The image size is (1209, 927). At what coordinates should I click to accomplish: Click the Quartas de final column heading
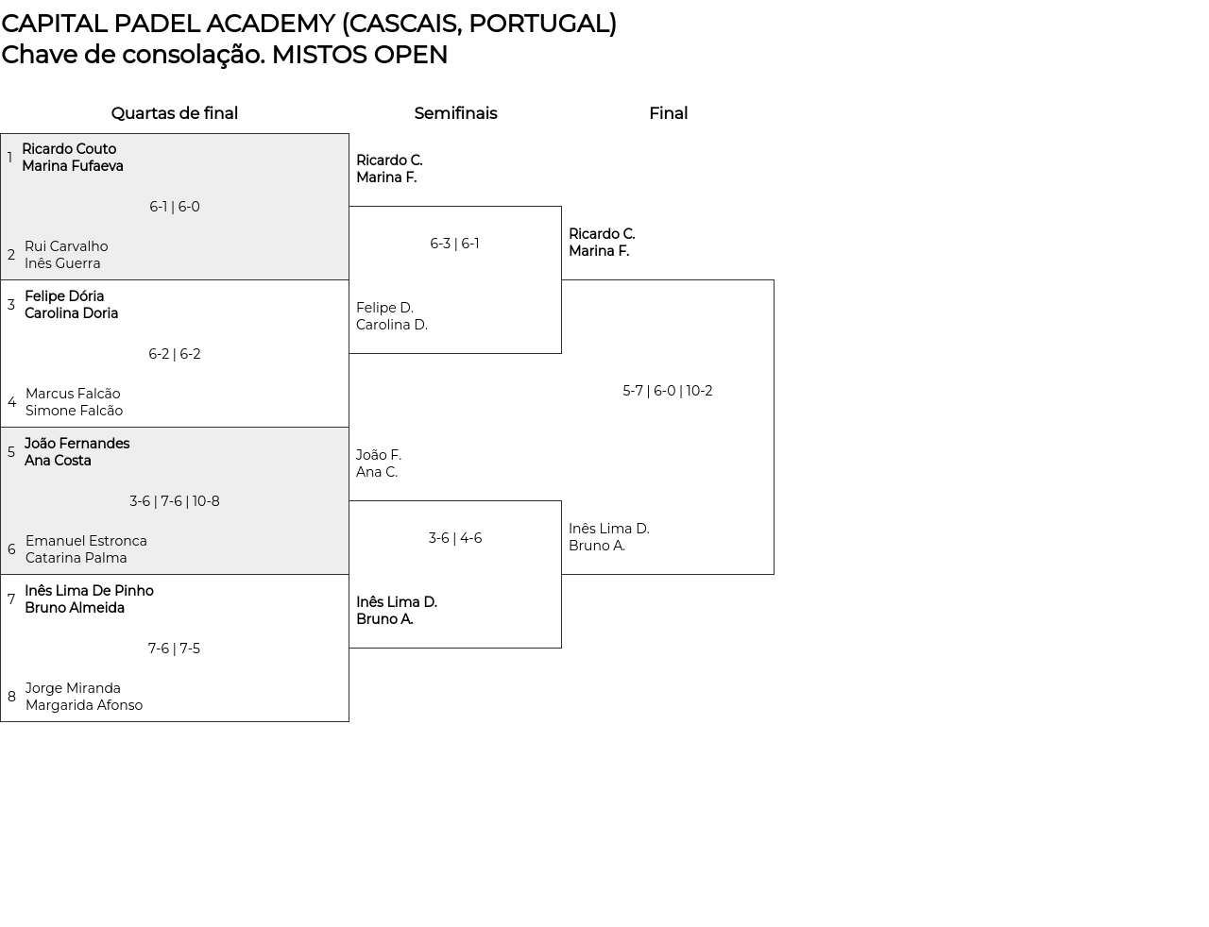point(174,113)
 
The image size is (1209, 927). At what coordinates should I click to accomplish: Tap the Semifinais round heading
point(455,113)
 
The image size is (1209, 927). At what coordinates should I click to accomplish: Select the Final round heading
point(668,113)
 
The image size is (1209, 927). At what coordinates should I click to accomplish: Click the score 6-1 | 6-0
point(174,207)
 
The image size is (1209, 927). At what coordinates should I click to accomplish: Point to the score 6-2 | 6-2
point(174,354)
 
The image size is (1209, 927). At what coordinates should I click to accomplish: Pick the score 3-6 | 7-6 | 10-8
point(174,501)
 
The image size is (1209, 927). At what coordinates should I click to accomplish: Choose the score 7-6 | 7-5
point(174,649)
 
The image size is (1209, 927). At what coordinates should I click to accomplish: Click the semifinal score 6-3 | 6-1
point(454,244)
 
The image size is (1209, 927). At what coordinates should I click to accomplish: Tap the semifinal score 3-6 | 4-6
point(454,538)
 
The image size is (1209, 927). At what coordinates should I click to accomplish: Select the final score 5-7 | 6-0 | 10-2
point(667,391)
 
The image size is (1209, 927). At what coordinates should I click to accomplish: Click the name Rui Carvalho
point(66,246)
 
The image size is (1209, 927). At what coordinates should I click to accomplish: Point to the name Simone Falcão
point(74,411)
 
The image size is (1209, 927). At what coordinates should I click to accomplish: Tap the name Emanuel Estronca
point(86,541)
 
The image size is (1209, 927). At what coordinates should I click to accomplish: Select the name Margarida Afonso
point(84,705)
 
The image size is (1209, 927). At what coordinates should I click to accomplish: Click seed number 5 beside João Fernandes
point(11,452)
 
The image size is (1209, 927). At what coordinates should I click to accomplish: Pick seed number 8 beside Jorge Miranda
point(11,697)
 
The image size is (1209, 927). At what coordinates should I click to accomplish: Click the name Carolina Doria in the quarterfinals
point(71,313)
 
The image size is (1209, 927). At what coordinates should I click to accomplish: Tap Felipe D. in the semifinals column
point(384,308)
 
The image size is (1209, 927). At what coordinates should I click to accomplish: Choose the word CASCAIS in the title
point(401,24)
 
